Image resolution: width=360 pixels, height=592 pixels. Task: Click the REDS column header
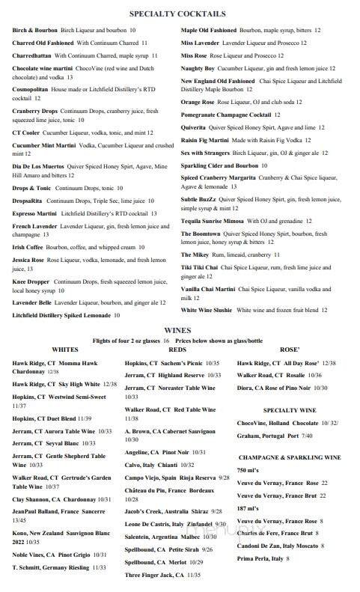pos(178,350)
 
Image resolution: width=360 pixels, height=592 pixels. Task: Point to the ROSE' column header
pos(290,350)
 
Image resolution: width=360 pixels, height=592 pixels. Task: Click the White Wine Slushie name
pos(207,310)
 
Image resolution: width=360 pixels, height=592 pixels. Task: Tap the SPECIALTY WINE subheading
pos(289,410)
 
